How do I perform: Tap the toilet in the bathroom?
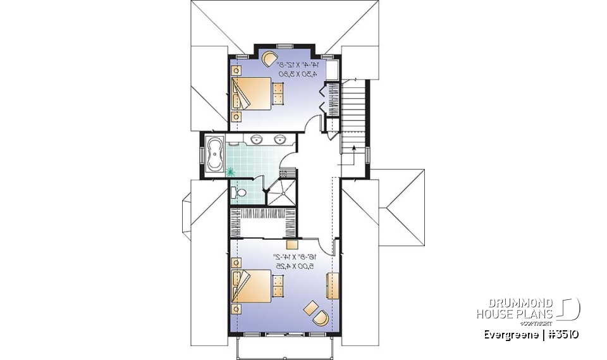pos(239,190)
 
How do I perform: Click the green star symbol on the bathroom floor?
pos(230,170)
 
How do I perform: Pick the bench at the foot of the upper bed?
pos(278,94)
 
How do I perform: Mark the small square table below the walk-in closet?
pos(292,244)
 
